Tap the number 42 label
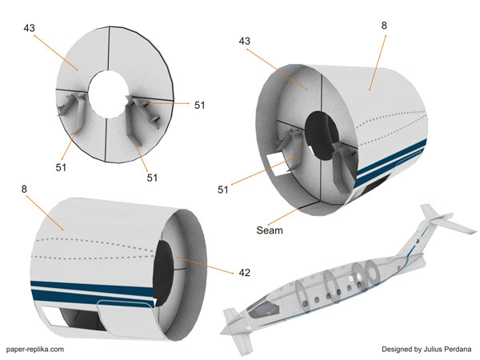[x=244, y=273]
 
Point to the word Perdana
[x=458, y=349]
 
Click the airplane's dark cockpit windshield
[x=257, y=309]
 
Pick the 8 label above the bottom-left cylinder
[x=26, y=190]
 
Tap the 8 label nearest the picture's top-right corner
[x=384, y=26]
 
